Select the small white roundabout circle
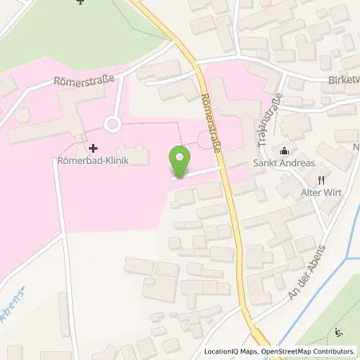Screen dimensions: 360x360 pyautogui.click(x=111, y=124)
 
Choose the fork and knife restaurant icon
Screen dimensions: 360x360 pyautogui.click(x=319, y=179)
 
